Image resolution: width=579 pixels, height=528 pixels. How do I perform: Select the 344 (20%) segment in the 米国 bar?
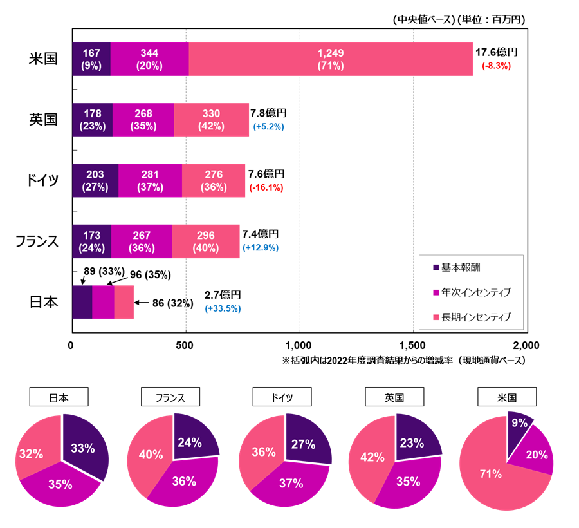coord(149,59)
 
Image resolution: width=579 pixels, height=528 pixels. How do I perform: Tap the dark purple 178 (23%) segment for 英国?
coord(92,120)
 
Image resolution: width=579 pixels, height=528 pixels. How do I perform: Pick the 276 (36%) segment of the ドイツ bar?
coord(213,180)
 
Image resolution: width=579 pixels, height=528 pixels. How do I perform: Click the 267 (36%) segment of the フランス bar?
coord(142,241)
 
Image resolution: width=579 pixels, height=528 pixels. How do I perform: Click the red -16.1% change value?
coord(266,187)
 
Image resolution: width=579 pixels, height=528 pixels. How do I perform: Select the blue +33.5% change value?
coord(223,308)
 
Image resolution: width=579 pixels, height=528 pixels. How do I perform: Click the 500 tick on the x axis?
coord(186,345)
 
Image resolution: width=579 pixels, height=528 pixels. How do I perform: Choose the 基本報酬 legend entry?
coord(461,267)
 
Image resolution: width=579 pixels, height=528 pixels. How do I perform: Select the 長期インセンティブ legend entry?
coord(476,317)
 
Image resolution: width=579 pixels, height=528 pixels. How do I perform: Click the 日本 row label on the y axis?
coord(44,301)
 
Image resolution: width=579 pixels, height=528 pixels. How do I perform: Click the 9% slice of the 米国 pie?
coord(519,424)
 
